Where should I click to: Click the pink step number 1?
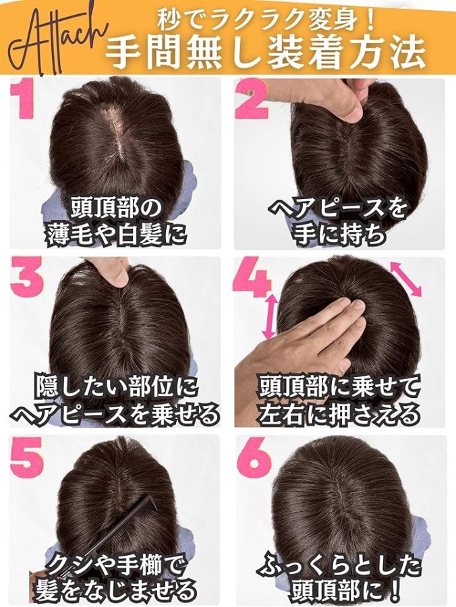(x=23, y=100)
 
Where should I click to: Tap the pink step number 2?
(x=252, y=100)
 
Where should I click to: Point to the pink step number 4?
(x=251, y=278)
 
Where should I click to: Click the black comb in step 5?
(x=96, y=535)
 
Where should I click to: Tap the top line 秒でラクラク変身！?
(x=266, y=20)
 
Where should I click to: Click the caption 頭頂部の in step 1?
(x=115, y=210)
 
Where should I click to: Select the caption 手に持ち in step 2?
(x=340, y=235)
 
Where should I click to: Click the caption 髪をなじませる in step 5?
(x=115, y=591)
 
